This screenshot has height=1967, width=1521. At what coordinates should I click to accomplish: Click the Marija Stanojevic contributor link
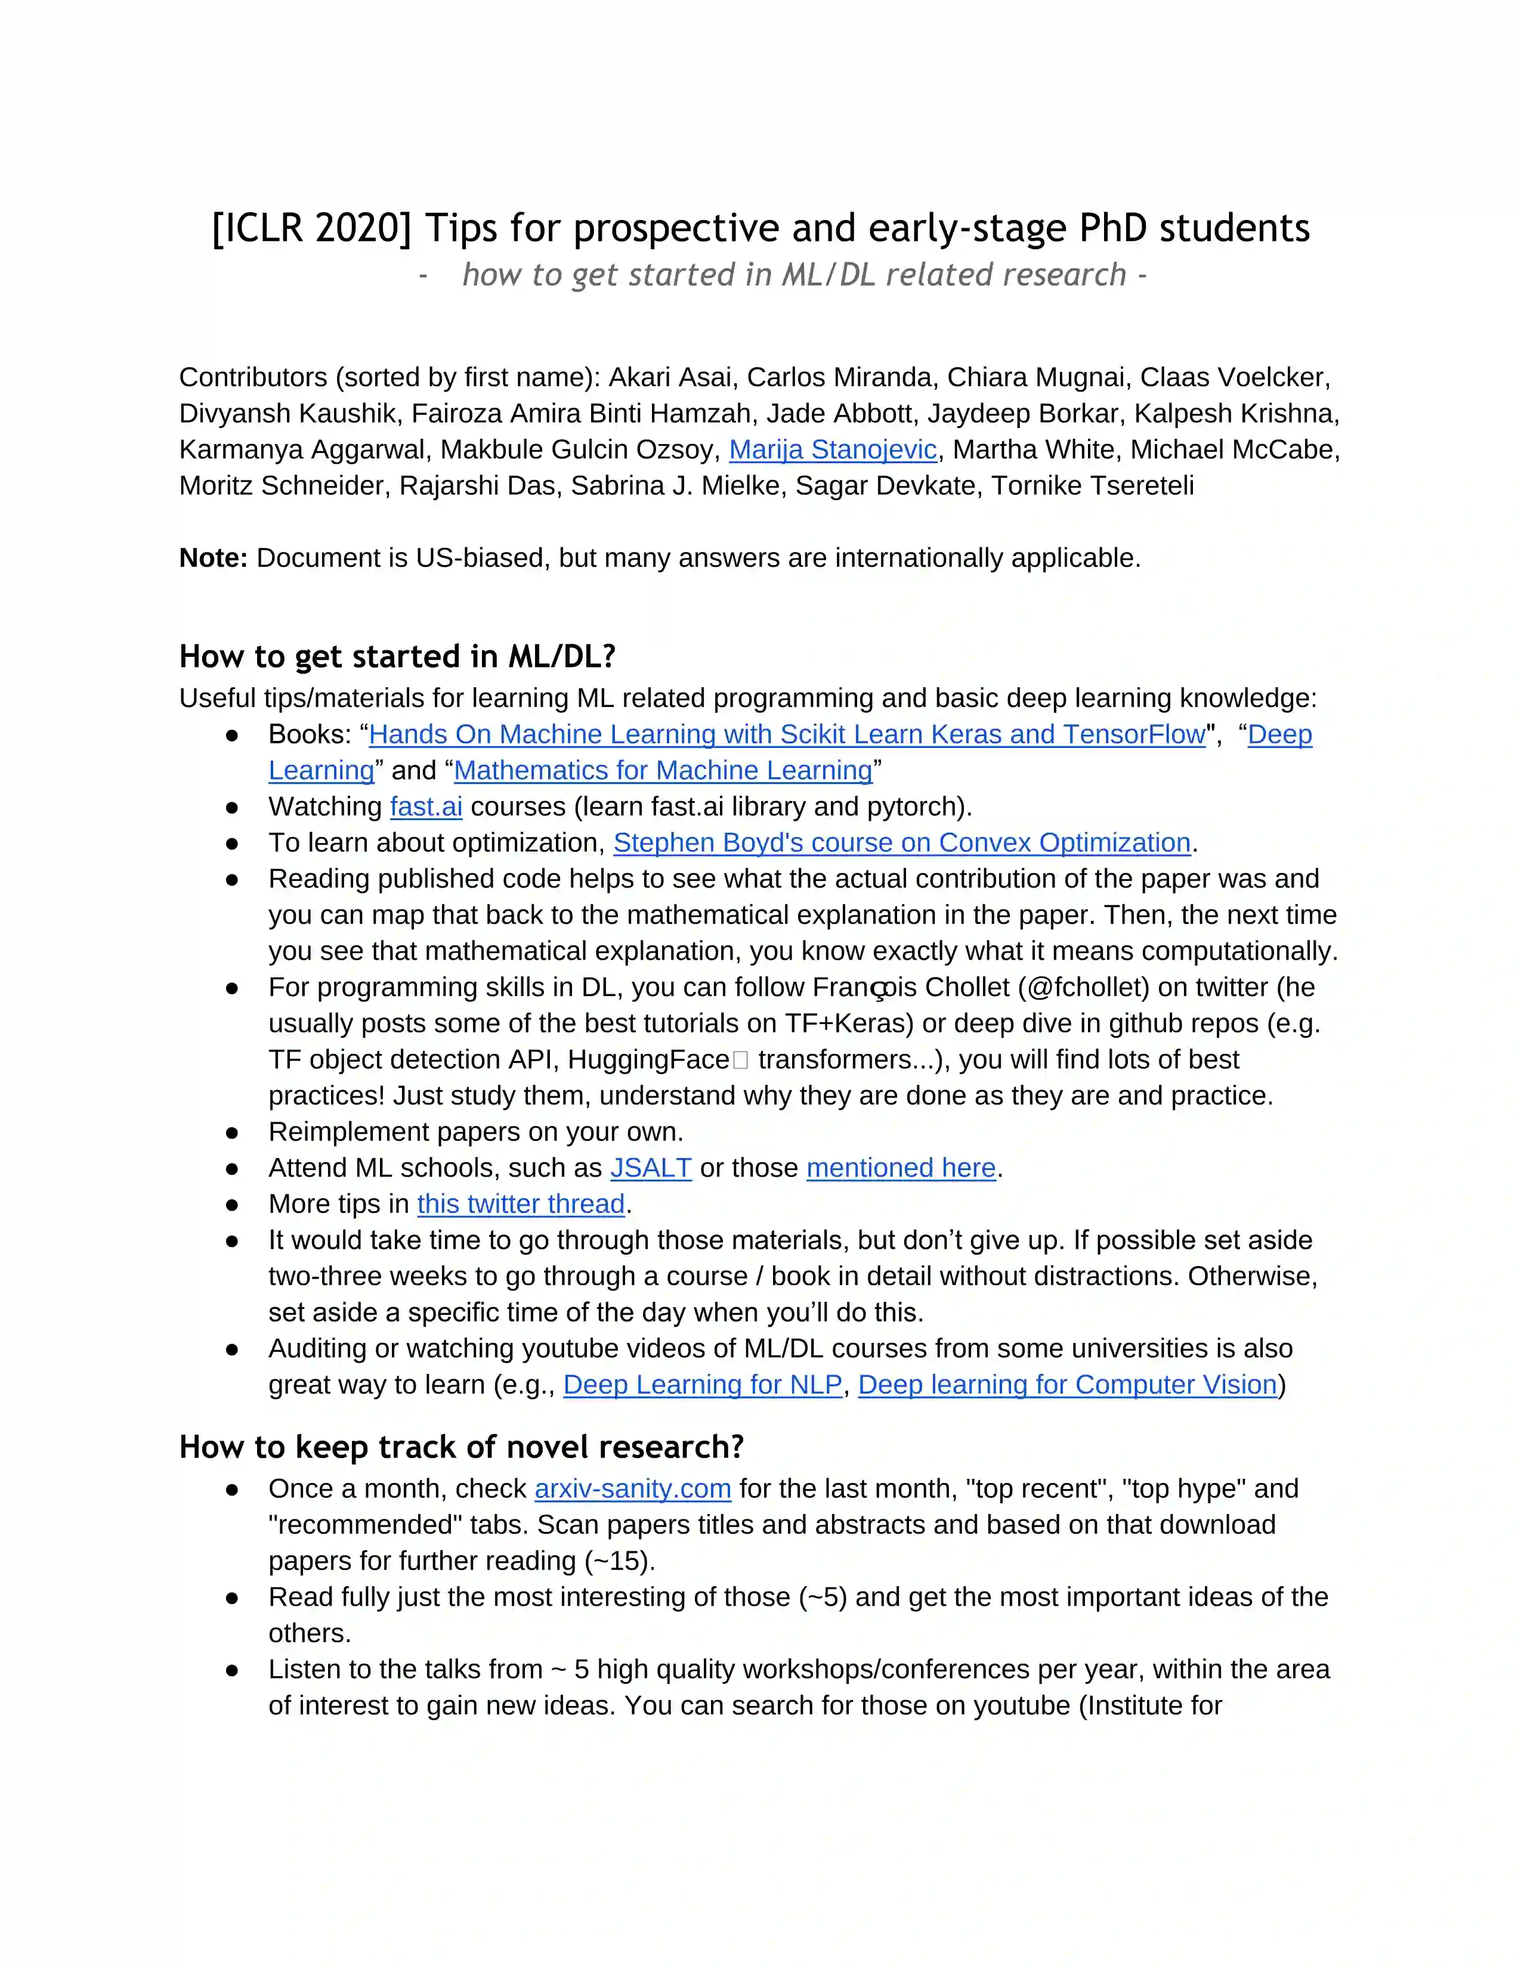(x=833, y=449)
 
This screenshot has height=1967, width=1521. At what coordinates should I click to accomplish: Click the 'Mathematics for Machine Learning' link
(x=663, y=770)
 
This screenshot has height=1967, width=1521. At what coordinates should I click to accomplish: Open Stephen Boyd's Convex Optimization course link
(x=902, y=842)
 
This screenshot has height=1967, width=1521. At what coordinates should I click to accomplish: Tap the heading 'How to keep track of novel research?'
(x=461, y=1447)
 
